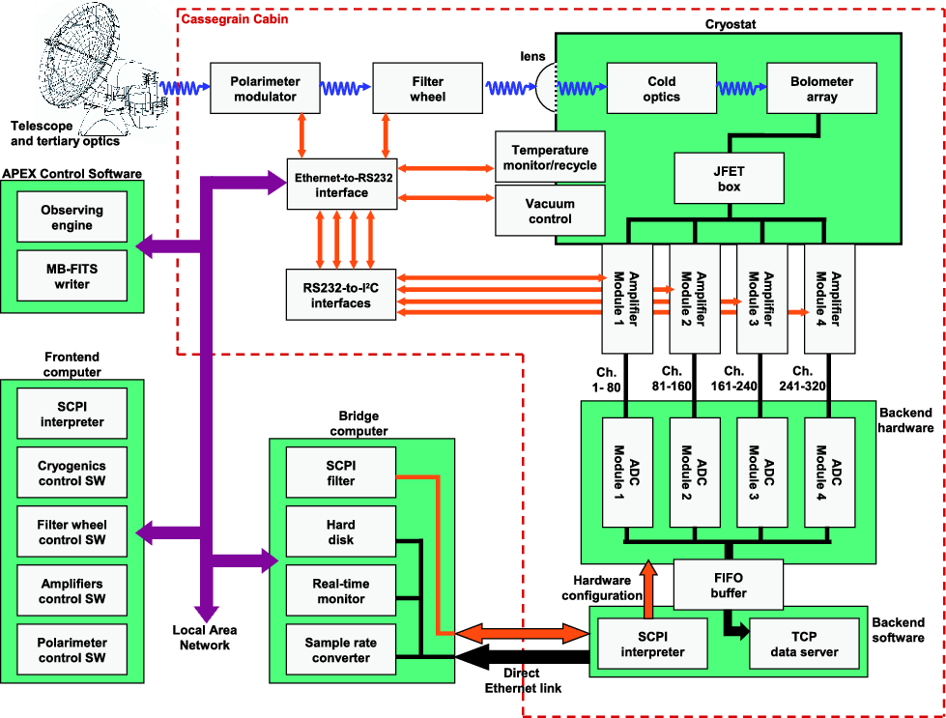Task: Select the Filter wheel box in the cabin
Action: tap(427, 89)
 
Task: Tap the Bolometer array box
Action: tap(821, 89)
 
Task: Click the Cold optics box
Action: tap(661, 89)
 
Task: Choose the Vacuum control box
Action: tap(549, 211)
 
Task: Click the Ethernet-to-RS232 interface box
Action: tap(341, 185)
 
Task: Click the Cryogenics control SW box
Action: tap(72, 473)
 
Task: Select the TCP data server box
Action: tap(803, 644)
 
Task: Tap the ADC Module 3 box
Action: tap(761, 472)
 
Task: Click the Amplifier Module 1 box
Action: tap(627, 298)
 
